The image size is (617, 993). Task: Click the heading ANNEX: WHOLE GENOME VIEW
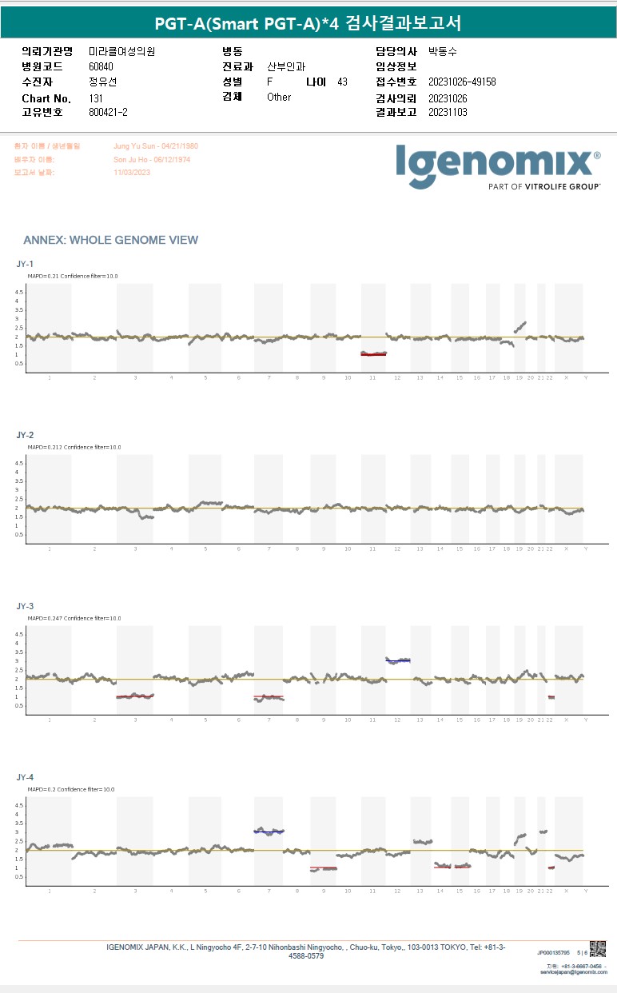click(111, 240)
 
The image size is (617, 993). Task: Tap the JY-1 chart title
click(25, 264)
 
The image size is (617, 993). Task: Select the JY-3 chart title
click(25, 606)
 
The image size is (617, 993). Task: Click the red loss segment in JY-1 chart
click(373, 354)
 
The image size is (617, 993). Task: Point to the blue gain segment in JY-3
click(398, 660)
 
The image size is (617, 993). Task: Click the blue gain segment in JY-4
click(269, 831)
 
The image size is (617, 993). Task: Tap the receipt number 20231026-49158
click(462, 82)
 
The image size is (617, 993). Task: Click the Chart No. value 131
click(96, 98)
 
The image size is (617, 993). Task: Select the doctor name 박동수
click(443, 51)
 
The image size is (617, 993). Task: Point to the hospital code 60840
click(102, 67)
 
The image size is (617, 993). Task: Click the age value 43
click(342, 82)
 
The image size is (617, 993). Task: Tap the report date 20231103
click(448, 112)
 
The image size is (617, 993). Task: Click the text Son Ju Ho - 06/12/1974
click(152, 160)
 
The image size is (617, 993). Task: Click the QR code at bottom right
click(597, 949)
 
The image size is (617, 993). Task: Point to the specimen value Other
click(279, 97)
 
